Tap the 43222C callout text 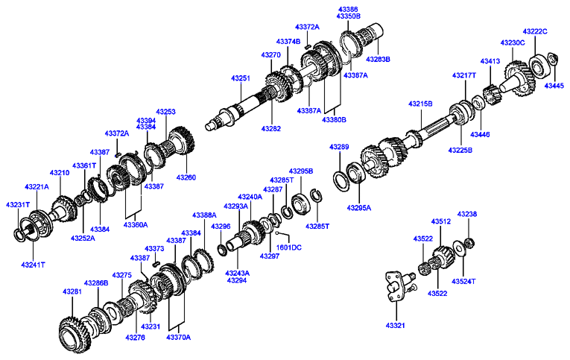(534, 31)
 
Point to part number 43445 (554, 86)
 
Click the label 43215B (419, 104)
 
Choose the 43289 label (339, 147)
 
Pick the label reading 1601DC (288, 247)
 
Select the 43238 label (467, 214)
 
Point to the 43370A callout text (178, 337)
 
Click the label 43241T (33, 265)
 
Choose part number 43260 (186, 177)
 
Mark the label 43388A (204, 215)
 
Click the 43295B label (300, 171)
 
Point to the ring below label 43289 (339, 180)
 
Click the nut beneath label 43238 (469, 241)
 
